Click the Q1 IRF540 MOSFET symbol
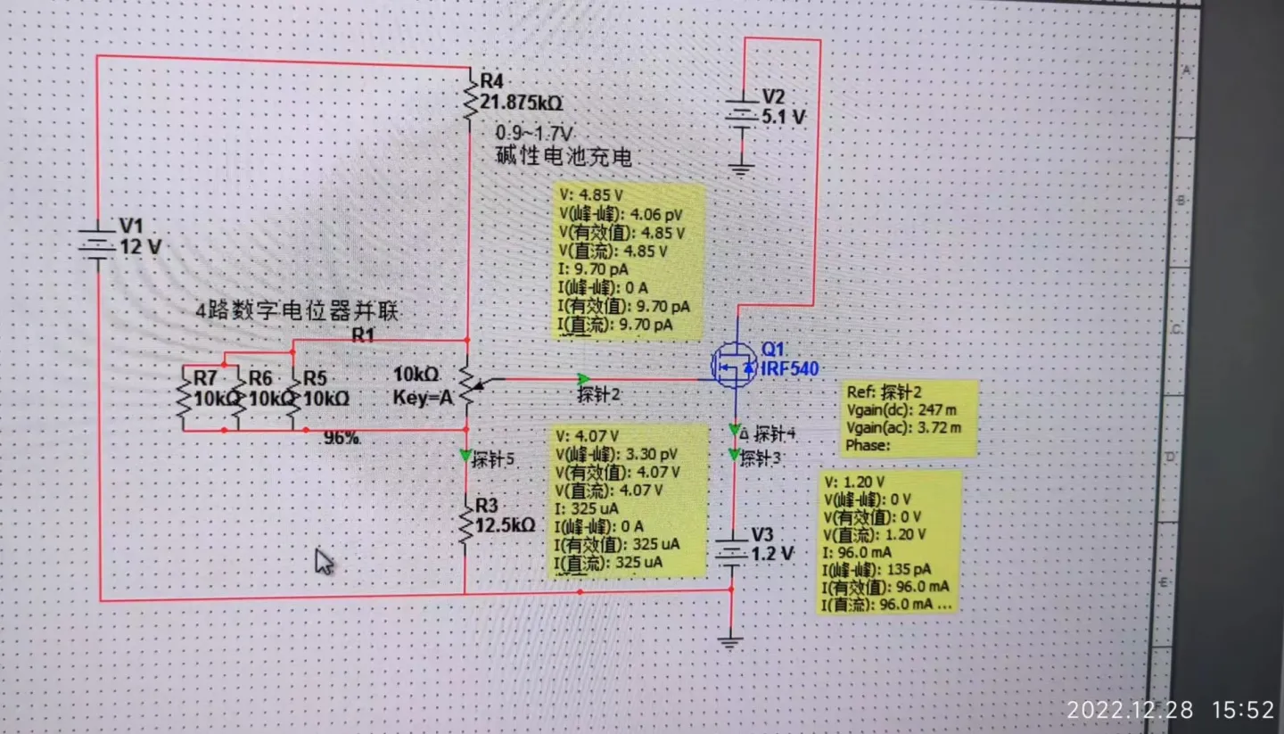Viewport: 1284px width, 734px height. point(734,365)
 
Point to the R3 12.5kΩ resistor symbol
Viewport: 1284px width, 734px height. point(465,522)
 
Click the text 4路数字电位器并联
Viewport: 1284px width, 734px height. point(297,311)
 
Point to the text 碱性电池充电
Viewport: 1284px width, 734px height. point(564,157)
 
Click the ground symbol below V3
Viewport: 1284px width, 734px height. point(730,641)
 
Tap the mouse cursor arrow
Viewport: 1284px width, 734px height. point(324,562)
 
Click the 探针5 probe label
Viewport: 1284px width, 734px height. point(493,460)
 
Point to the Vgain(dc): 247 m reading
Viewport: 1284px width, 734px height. point(903,409)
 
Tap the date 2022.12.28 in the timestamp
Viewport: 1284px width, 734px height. point(1130,710)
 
